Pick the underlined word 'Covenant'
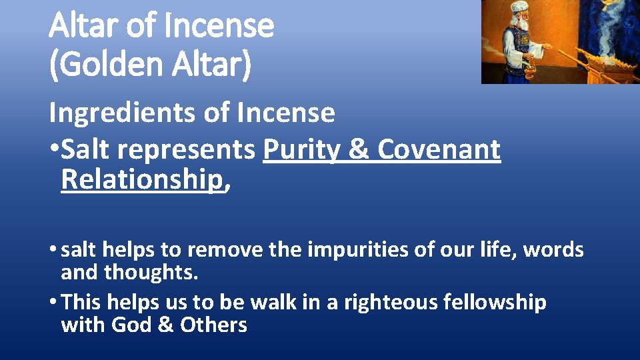click(439, 151)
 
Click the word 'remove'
click(216, 251)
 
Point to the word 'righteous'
click(386, 303)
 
